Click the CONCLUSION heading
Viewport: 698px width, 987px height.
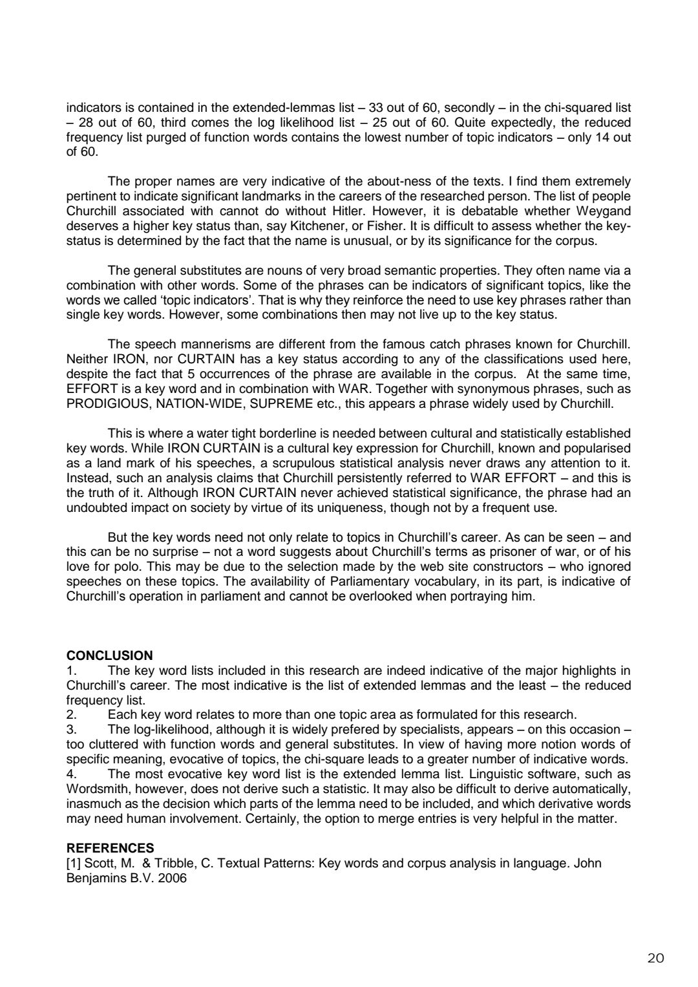[110, 655]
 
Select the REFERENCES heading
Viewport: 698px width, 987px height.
[111, 848]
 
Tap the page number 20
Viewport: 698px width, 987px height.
[655, 958]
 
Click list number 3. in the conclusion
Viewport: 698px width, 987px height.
[72, 730]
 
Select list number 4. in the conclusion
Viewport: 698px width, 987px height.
[72, 774]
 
